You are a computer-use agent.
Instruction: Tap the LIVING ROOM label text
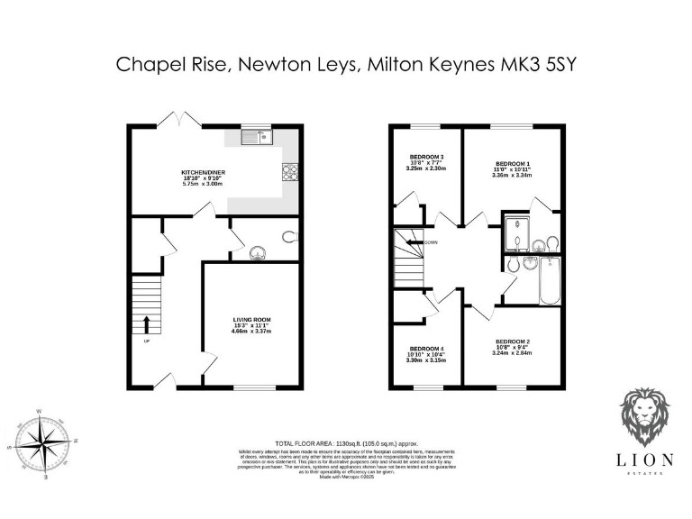[x=251, y=320]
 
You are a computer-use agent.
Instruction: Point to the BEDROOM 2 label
[x=513, y=341]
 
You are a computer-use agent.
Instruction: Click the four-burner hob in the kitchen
[x=291, y=171]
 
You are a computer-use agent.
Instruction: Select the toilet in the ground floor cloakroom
[x=289, y=237]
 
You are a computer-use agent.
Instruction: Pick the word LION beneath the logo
[x=644, y=460]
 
